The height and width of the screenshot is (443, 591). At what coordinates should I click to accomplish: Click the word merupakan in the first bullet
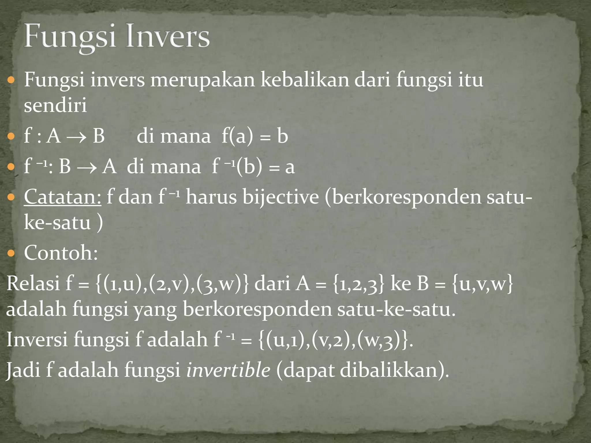coord(202,80)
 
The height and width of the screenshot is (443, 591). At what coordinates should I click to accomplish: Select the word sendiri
coord(55,105)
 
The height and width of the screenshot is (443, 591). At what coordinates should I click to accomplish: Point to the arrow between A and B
coord(76,137)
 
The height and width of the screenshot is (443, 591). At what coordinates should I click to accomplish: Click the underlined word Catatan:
coord(63,197)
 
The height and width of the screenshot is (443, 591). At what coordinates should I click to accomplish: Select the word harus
coord(211,197)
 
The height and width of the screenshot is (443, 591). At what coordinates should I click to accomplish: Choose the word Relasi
coord(33,283)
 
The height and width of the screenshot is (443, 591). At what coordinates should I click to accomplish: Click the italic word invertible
coord(228,369)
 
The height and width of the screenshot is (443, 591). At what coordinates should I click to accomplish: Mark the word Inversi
coord(37,339)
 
